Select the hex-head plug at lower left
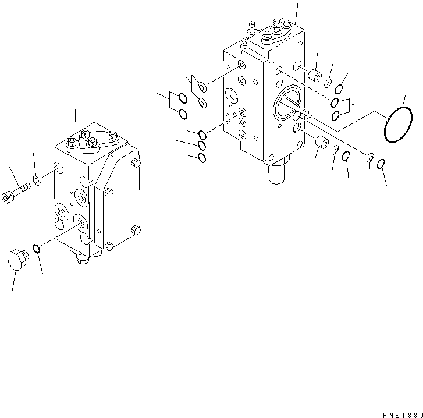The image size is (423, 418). pos(18,259)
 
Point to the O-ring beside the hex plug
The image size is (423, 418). pos(36,249)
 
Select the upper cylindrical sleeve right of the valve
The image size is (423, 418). pos(316,76)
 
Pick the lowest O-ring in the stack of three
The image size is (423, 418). pos(202,158)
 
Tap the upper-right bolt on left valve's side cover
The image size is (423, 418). pos(136,162)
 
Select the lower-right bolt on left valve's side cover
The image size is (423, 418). pos(135,229)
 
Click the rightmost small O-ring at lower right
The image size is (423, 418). pos(382,165)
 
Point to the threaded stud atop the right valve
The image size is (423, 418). pos(254,26)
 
